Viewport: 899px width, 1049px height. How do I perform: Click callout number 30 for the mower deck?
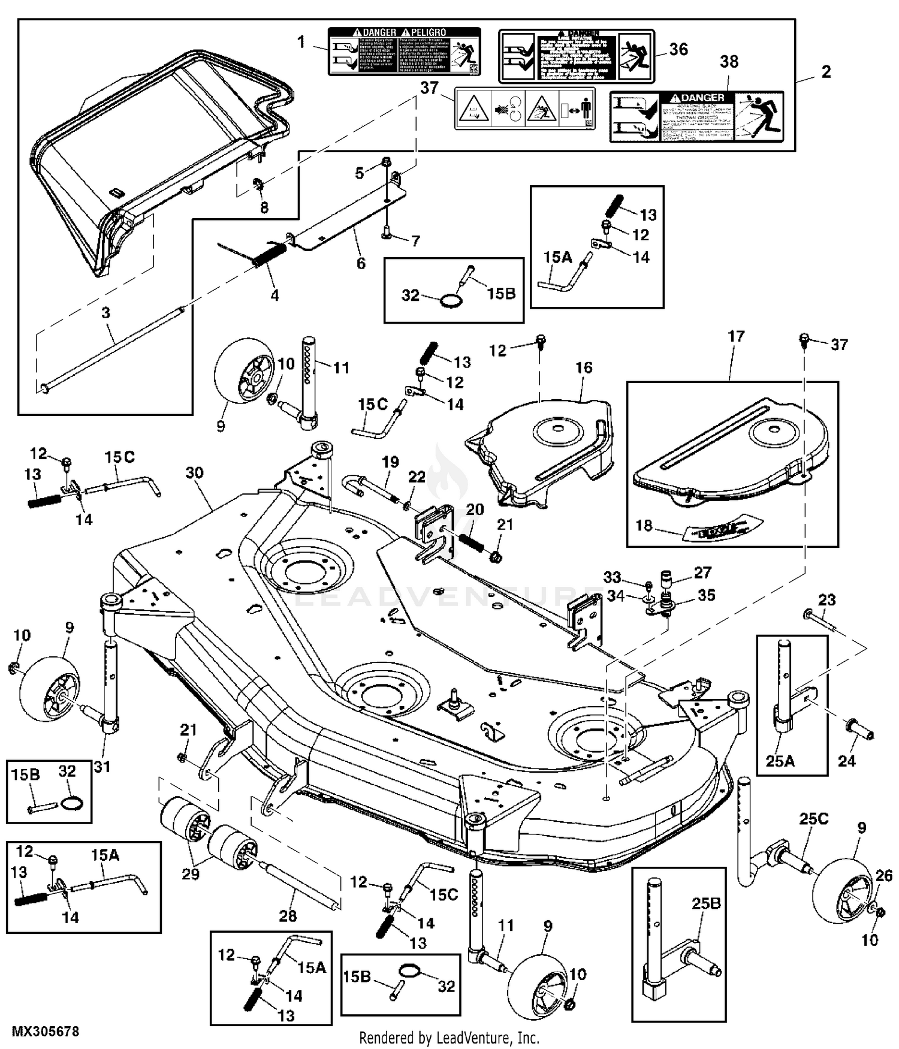[194, 473]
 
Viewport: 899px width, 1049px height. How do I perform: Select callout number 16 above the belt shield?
[584, 367]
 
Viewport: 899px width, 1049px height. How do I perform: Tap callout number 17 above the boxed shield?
[736, 336]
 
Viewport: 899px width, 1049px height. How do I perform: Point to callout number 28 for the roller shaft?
[288, 915]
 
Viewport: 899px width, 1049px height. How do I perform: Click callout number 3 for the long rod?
[105, 313]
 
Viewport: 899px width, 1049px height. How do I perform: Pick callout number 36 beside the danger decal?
[678, 49]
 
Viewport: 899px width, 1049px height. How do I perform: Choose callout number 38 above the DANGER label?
[729, 62]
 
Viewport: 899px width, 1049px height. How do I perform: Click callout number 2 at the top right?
[826, 72]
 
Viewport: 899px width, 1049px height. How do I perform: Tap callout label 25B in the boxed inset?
[706, 903]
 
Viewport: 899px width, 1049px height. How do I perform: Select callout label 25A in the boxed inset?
[780, 761]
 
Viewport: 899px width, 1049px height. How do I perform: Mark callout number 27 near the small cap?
[702, 572]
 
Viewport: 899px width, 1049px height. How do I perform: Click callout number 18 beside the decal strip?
[644, 526]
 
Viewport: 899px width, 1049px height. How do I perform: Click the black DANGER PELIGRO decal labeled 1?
[404, 51]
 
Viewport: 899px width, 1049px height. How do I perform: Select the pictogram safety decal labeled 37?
[524, 109]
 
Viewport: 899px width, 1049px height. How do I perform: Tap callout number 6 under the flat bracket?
[361, 263]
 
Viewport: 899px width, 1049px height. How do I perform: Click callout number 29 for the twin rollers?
[191, 874]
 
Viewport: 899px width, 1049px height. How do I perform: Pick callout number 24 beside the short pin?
[846, 761]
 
